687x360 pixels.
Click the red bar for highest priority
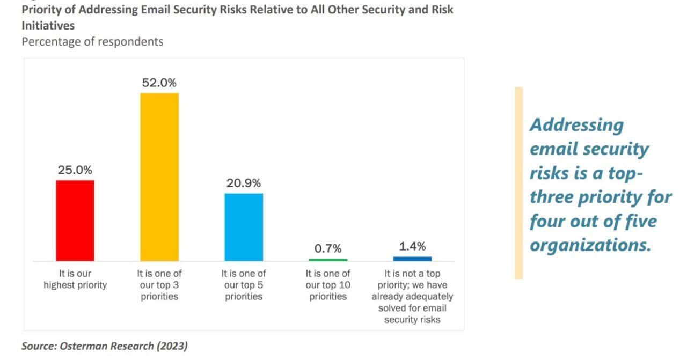click(x=75, y=221)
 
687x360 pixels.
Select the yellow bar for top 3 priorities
click(x=159, y=177)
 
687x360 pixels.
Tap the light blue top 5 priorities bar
click(x=244, y=227)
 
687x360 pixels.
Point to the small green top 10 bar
click(x=328, y=260)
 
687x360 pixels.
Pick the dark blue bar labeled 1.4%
click(x=412, y=259)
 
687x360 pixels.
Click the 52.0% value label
click(x=159, y=83)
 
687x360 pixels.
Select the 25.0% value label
click(x=75, y=170)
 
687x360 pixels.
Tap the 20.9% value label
click(x=244, y=183)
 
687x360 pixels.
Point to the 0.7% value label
click(x=328, y=248)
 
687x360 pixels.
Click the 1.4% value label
click(x=412, y=246)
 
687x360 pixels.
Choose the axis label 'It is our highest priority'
click(x=75, y=280)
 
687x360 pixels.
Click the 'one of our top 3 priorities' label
click(x=159, y=285)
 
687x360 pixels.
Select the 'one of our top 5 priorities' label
click(x=244, y=285)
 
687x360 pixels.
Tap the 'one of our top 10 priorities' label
click(x=328, y=285)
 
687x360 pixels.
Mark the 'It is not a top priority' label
click(x=412, y=296)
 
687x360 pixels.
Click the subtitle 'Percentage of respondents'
click(x=92, y=41)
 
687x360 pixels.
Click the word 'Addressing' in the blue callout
click(x=576, y=124)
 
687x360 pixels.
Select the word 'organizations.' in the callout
click(x=590, y=245)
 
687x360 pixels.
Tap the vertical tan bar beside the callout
click(x=518, y=183)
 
